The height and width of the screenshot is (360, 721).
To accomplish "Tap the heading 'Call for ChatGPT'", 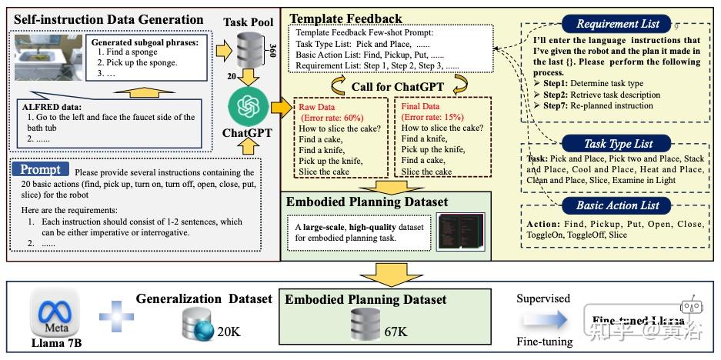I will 391,86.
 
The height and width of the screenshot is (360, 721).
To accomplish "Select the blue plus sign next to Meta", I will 113,315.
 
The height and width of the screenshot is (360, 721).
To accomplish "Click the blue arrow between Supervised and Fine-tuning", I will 542,318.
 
